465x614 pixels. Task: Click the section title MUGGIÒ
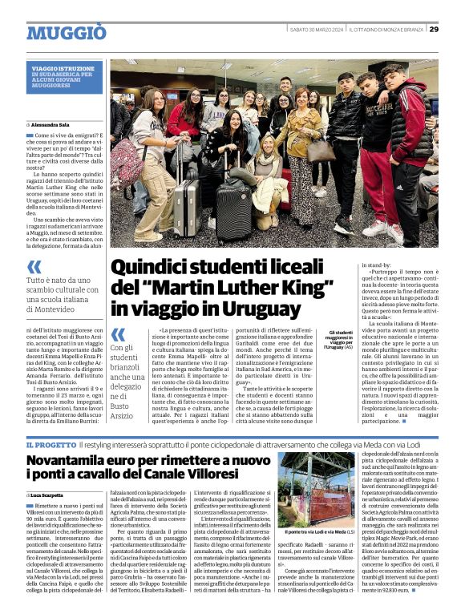tap(66, 32)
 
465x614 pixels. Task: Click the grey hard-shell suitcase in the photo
tap(187, 208)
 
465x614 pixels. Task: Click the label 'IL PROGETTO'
tap(51, 445)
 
